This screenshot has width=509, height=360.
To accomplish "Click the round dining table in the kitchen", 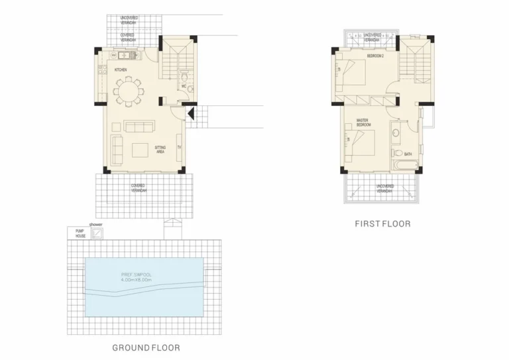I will point(127,91).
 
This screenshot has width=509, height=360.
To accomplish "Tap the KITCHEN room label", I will point(121,70).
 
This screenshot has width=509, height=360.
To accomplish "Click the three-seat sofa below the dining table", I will point(139,126).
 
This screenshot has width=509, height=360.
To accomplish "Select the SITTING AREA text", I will point(160,149).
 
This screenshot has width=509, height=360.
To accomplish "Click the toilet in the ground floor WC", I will point(188,88).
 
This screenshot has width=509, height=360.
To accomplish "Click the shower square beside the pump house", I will point(98,233).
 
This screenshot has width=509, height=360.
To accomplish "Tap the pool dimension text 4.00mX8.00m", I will point(137,280).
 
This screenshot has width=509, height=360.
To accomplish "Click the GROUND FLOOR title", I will point(146,347).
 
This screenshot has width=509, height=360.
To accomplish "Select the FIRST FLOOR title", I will point(383,224).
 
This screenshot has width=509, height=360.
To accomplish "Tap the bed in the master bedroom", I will point(361,141).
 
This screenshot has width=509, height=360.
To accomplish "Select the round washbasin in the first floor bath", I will point(395,133).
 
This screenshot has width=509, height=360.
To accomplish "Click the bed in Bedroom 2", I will point(352,71).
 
